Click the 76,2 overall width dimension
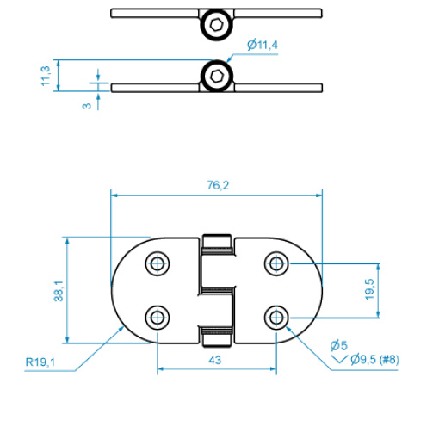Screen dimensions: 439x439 [218, 186]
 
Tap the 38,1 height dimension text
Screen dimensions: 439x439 [59, 291]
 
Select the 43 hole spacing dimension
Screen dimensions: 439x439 [215, 360]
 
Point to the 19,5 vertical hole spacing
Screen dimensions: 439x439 [369, 289]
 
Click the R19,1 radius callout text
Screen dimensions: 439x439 [40, 362]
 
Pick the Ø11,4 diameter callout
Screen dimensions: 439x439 [263, 45]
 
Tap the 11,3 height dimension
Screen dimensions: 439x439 [46, 76]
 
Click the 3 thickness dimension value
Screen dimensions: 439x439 [86, 106]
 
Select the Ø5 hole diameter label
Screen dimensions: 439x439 [338, 345]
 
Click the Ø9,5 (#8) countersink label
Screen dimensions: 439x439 [374, 359]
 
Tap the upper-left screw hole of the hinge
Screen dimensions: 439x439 [158, 263]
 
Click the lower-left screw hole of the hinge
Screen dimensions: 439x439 [158, 318]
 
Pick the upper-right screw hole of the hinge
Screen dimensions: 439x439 [276, 263]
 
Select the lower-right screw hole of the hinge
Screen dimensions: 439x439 [276, 318]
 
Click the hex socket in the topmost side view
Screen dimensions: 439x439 [216, 24]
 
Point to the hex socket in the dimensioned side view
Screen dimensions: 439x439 [216, 76]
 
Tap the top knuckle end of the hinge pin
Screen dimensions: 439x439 [217, 241]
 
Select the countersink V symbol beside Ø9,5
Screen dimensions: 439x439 [339, 360]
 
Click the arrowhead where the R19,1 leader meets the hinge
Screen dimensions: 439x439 [121, 330]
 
